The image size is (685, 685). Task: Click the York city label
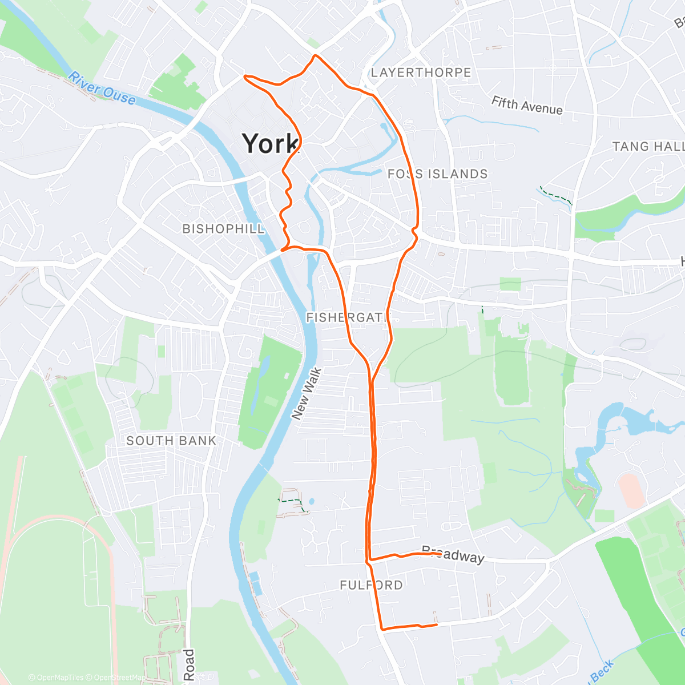[x=270, y=143]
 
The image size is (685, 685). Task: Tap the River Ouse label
[x=102, y=89]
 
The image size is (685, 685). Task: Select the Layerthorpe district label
[x=421, y=73]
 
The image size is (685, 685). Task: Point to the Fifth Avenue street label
[x=527, y=106]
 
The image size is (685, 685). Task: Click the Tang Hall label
[x=648, y=147]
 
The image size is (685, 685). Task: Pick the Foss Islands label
[x=438, y=174]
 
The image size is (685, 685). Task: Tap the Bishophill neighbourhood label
[x=224, y=229]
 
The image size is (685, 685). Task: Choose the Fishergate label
[x=348, y=317]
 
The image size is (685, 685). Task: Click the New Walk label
[x=307, y=394]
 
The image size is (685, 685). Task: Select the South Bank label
[x=171, y=441]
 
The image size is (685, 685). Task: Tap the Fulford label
[x=371, y=585]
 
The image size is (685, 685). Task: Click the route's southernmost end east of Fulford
[x=437, y=625]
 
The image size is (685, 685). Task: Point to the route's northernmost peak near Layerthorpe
[x=315, y=55]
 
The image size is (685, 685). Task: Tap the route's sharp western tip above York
[x=245, y=76]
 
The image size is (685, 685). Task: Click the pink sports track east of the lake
[x=631, y=490]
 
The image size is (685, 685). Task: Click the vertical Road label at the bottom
[x=189, y=665]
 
